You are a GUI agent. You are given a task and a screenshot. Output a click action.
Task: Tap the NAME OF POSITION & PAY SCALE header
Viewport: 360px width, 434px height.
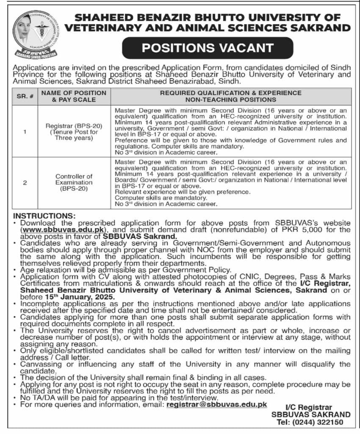73,96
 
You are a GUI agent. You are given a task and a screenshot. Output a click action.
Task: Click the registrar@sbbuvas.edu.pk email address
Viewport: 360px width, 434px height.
217,404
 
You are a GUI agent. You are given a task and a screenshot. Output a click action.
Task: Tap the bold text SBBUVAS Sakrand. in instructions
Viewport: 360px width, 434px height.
139,236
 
